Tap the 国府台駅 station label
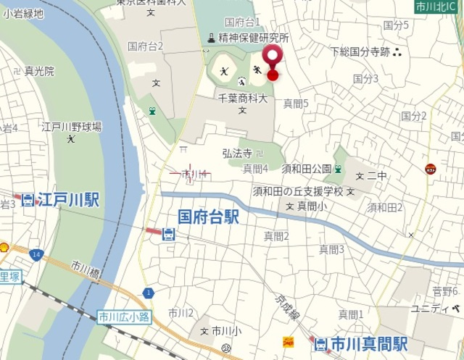(208, 217)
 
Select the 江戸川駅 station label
(68, 199)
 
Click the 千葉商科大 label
(243, 98)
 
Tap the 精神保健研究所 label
(253, 37)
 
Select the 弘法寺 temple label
(237, 154)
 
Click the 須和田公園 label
(307, 169)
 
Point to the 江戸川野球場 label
(71, 127)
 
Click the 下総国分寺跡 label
(360, 51)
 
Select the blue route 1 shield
(149, 292)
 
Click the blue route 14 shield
(36, 255)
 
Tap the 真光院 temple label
(39, 71)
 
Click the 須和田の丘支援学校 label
(297, 192)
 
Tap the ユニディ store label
(429, 309)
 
